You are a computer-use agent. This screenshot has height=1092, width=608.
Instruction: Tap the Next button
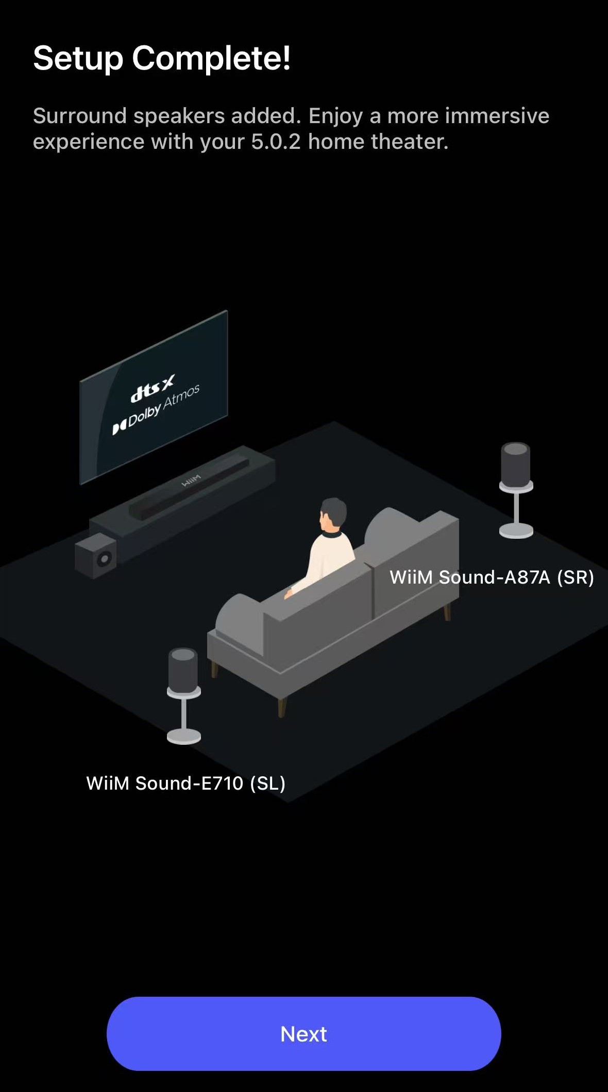(x=303, y=1033)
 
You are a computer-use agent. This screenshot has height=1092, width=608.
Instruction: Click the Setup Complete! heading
(x=162, y=58)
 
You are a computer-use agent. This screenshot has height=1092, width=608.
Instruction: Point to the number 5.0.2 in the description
(x=276, y=142)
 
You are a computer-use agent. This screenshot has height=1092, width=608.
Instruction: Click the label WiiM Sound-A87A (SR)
(x=492, y=577)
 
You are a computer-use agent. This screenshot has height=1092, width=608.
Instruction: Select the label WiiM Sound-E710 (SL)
(x=185, y=783)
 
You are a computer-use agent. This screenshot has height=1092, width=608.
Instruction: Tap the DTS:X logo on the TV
(x=153, y=388)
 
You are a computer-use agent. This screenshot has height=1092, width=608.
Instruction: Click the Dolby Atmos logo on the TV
(x=156, y=409)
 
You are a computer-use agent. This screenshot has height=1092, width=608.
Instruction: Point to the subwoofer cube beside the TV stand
(x=96, y=555)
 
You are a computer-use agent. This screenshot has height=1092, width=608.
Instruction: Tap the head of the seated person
(x=332, y=514)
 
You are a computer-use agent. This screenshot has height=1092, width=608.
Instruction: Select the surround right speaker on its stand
(x=516, y=490)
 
